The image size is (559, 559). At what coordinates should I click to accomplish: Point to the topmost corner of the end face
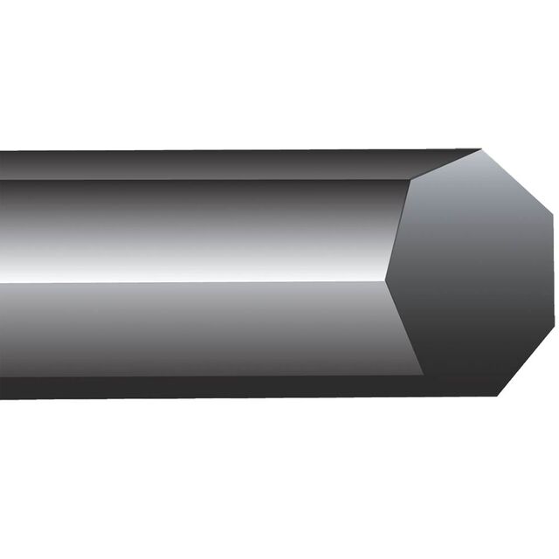[x=481, y=149]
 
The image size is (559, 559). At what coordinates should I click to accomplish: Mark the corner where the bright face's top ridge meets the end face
[x=411, y=180]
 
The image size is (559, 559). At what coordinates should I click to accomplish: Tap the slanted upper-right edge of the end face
[x=517, y=181]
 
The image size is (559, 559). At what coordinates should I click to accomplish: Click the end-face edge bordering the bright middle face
[x=397, y=231]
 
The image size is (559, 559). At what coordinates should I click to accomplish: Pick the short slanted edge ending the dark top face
[x=445, y=165]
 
